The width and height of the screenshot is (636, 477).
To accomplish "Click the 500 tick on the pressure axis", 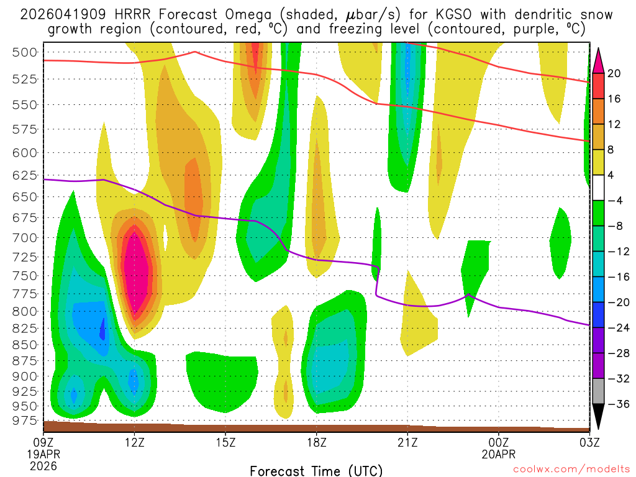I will pos(25,52).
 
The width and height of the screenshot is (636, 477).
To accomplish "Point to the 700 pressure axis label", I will pos(25,237).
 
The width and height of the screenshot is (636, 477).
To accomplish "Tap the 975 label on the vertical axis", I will pos(25,420).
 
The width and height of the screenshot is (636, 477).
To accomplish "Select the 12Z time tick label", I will pos(135,443).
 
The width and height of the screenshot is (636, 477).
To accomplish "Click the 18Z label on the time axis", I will pos(317,443).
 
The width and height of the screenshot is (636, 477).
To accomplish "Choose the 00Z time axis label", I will pos(499,443).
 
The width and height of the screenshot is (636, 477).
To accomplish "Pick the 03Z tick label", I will pos(589,443).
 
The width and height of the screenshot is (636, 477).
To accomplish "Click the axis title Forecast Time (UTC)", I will pos(316,470).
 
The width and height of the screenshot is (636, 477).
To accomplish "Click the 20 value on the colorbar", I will pos(614,73).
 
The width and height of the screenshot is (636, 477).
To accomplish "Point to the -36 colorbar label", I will pos(614,404).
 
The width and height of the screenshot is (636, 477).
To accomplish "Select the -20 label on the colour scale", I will pos(614,302).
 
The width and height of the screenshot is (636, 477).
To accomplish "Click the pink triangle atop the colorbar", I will pos(599,59).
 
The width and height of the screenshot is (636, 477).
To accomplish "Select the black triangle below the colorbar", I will pos(599,416).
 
